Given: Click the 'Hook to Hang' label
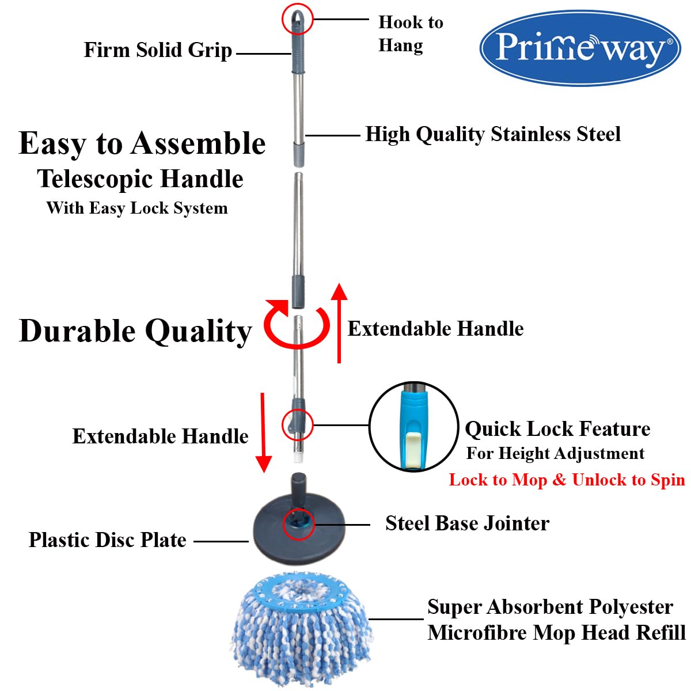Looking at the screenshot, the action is coord(411,34).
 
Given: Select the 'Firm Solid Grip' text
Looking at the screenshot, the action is coord(158,50).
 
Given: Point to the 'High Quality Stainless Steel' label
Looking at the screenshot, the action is coord(493,135).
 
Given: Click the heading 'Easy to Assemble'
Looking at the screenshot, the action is coord(142,144).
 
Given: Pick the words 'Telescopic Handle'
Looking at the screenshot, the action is coord(140,179).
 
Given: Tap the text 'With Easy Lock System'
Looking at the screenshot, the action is coord(137,208).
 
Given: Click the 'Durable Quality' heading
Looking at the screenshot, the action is coord(135,331).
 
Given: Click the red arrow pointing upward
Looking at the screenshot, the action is coord(339,322).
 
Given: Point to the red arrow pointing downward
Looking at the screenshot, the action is coord(263,432).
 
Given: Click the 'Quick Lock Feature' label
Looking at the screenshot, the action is coord(557,429).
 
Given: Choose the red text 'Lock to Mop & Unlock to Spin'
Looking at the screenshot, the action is coord(567,480).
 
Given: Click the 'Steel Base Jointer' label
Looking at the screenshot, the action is coord(467,523).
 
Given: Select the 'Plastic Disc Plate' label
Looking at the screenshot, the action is coord(108,540).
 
